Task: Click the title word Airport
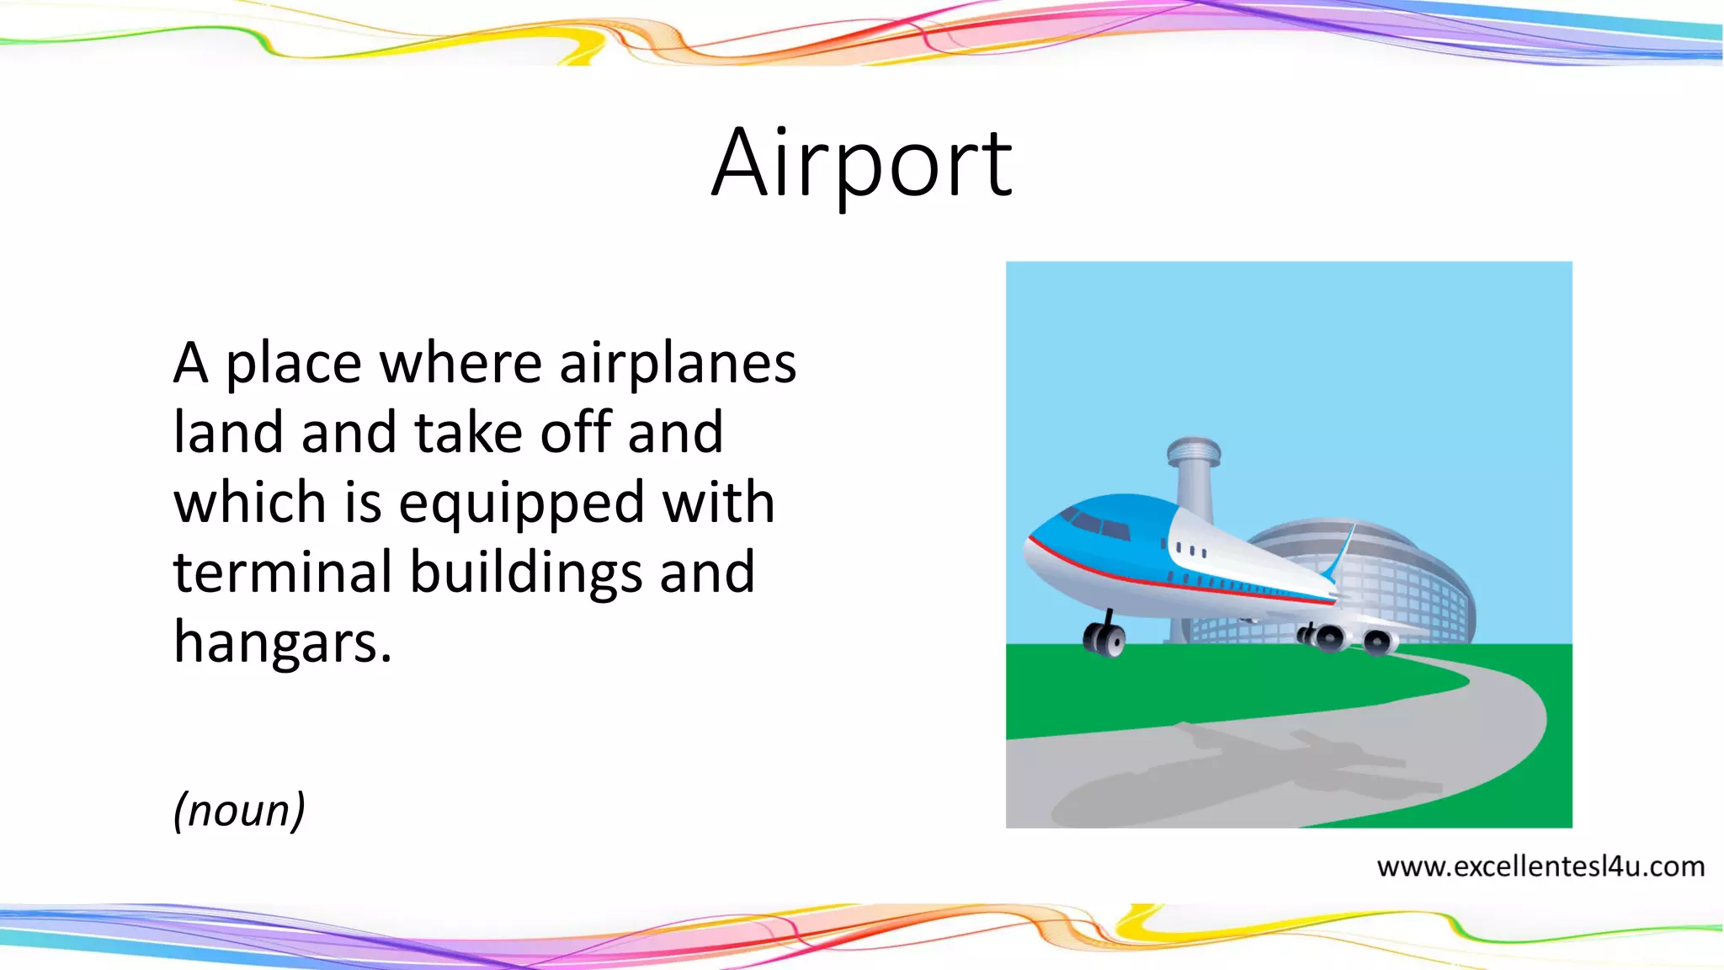[862, 164]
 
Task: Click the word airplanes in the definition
[678, 364]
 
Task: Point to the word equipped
[521, 504]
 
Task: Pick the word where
[461, 364]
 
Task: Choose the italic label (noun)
[239, 810]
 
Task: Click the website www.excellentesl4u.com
[1540, 866]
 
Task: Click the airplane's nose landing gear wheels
[1104, 639]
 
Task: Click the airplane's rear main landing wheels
[1347, 639]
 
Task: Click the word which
[249, 503]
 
